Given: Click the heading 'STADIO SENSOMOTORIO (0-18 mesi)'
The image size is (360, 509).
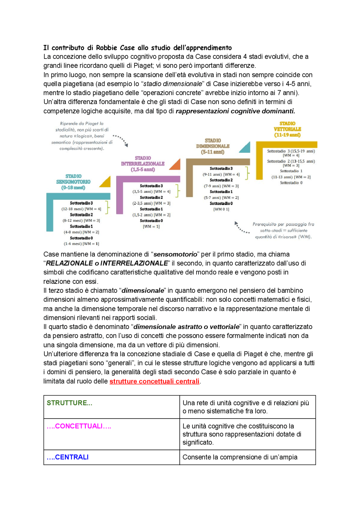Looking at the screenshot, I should (73, 182).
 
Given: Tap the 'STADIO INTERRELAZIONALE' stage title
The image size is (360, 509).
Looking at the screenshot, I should (143, 164).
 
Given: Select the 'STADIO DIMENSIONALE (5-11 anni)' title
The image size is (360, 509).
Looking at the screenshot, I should (213, 146).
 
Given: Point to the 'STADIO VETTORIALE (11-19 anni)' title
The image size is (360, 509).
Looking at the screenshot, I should (287, 129).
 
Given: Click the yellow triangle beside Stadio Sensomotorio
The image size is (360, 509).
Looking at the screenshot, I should (106, 183).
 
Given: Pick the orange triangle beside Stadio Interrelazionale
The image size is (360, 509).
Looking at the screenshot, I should (175, 165).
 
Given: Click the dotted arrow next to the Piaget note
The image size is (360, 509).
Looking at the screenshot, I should (121, 140).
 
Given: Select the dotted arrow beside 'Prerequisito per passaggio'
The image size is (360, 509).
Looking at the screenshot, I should (241, 228).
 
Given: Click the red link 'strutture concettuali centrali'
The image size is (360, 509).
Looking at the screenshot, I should (154, 381).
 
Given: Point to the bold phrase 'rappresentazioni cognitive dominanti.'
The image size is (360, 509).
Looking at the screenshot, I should (235, 111).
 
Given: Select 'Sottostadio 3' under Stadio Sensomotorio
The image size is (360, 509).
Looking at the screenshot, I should (81, 203).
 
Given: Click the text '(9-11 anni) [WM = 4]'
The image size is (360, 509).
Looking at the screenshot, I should (221, 174).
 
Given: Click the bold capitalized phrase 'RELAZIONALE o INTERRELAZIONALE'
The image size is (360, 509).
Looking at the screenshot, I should (107, 263).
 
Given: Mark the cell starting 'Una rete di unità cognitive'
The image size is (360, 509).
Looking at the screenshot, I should (247, 407).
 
